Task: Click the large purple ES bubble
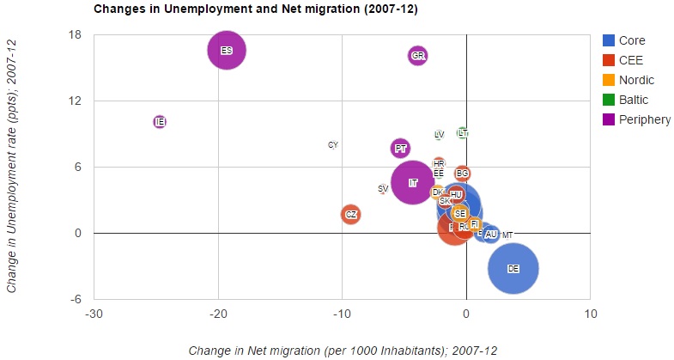point(227,51)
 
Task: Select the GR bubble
point(418,56)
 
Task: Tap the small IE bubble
point(160,122)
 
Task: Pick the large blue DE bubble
point(513,268)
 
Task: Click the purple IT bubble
point(413,182)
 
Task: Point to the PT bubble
point(400,149)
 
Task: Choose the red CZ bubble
point(350,214)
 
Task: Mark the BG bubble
point(462,174)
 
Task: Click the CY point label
point(333,144)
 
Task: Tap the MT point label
point(507,235)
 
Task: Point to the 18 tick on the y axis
point(75,35)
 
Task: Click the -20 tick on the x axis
point(218,314)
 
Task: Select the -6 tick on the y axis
point(75,299)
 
